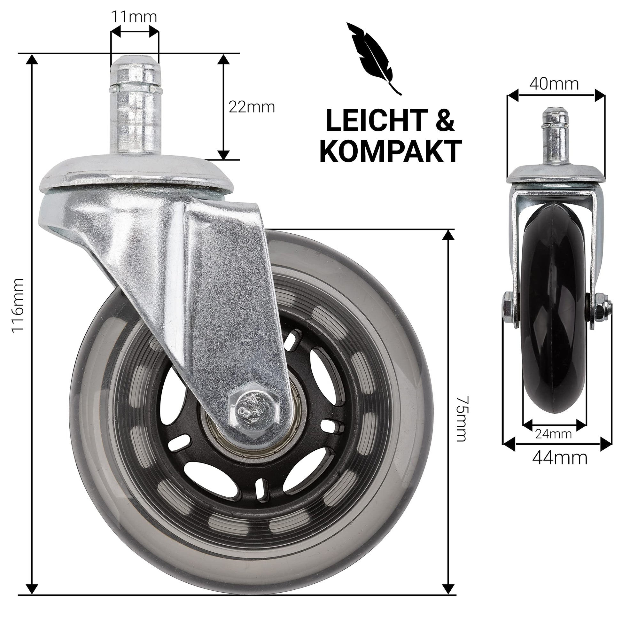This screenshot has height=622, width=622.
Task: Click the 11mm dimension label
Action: [134, 16]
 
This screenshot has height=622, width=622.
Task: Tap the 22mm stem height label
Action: [252, 107]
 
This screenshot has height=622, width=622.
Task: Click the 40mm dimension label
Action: [554, 84]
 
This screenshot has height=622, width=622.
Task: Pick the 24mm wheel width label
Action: [553, 434]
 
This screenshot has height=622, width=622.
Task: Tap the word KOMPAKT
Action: [391, 151]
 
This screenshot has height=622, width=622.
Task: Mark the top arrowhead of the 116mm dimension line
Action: [32, 60]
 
